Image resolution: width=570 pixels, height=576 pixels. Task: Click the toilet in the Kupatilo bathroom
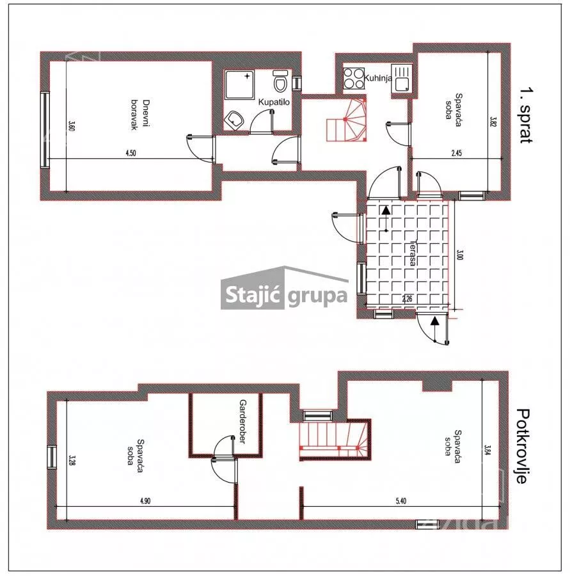[280, 81]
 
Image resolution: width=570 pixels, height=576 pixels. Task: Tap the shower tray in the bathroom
[240, 85]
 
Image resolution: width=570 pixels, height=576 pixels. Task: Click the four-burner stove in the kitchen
[354, 78]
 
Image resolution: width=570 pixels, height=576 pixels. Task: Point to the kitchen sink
[401, 78]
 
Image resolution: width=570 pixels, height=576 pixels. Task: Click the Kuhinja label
[377, 78]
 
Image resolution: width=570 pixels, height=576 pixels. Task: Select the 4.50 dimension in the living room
[131, 153]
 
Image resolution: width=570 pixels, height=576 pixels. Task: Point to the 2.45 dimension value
[457, 153]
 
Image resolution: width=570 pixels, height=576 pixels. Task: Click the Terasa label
[413, 253]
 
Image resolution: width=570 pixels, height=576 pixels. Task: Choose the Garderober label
[242, 422]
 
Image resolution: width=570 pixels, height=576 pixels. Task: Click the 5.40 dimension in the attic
[401, 500]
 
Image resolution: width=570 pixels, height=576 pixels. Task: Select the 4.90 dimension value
[145, 500]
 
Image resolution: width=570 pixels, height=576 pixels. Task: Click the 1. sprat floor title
[526, 115]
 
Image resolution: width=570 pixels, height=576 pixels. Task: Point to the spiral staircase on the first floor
[346, 120]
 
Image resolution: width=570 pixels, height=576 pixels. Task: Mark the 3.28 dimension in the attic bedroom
[72, 460]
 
